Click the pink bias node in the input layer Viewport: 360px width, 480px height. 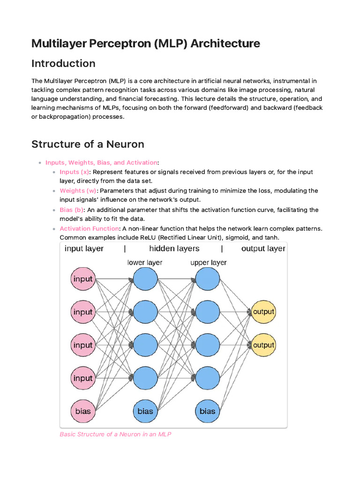83,411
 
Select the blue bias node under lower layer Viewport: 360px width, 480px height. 145,411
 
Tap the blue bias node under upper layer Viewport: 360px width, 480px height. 207,411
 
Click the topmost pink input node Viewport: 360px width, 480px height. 83,279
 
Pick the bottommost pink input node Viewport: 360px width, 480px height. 83,378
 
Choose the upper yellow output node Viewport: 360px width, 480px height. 263,312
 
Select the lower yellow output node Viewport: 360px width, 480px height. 263,345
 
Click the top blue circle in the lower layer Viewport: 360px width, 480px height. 145,279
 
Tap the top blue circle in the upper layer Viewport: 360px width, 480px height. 207,279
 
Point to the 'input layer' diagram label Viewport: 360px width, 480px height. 84,248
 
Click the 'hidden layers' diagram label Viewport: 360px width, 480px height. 174,248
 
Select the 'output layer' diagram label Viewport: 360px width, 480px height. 263,248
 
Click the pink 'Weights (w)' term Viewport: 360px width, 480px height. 78,191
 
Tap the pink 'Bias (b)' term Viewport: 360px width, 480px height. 71,210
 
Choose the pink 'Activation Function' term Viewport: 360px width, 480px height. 89,228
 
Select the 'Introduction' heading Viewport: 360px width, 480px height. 63,63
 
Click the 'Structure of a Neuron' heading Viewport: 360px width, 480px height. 88,144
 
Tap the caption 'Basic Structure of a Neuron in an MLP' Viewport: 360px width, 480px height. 115,434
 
